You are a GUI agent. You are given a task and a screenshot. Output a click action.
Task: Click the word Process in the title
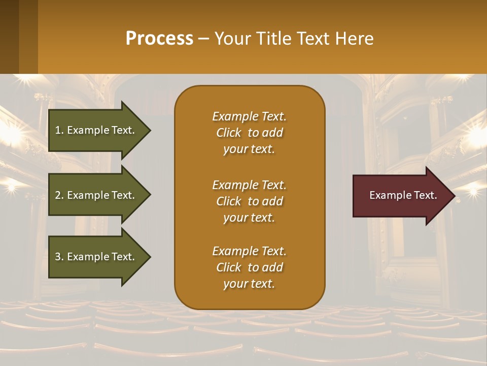159,39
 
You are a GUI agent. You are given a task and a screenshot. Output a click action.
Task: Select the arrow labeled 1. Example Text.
96,130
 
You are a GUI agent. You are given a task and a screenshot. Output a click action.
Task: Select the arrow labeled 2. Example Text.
96,195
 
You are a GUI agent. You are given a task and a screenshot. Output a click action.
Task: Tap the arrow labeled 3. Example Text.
96,257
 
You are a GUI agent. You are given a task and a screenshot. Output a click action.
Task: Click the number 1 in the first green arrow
58,130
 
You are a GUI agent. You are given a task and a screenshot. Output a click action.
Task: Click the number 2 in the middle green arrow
58,195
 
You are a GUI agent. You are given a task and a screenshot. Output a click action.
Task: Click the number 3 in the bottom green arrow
58,257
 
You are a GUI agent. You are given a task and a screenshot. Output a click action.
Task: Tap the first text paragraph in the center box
249,133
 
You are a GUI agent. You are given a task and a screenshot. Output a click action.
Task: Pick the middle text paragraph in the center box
249,201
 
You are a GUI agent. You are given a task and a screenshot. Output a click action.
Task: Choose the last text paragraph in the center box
249,267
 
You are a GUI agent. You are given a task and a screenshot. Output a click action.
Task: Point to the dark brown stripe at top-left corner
9,37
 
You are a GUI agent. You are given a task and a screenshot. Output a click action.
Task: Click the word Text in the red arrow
425,195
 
